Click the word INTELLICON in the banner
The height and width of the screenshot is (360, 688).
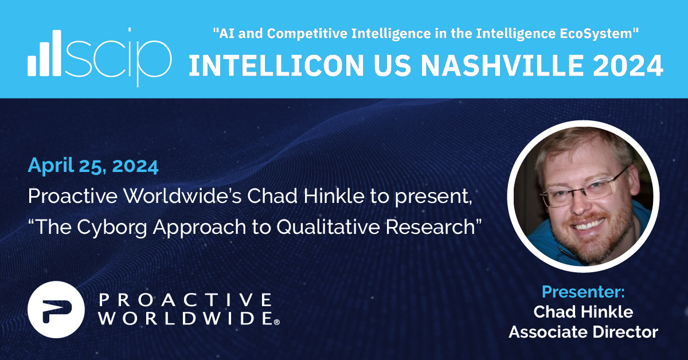(276, 65)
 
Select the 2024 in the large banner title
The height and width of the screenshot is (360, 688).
(628, 65)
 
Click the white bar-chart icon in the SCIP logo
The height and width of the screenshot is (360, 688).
(45, 53)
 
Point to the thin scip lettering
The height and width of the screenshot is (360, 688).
(119, 57)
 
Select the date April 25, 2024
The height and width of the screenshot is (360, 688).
(93, 166)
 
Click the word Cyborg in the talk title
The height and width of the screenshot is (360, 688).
(112, 228)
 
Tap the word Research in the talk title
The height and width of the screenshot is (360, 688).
(431, 227)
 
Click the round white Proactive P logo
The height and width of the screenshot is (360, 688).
(56, 310)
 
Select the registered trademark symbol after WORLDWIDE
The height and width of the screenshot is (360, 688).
(277, 322)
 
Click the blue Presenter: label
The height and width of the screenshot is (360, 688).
(583, 292)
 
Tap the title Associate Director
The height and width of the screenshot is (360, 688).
(583, 332)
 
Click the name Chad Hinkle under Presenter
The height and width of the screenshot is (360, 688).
(583, 312)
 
